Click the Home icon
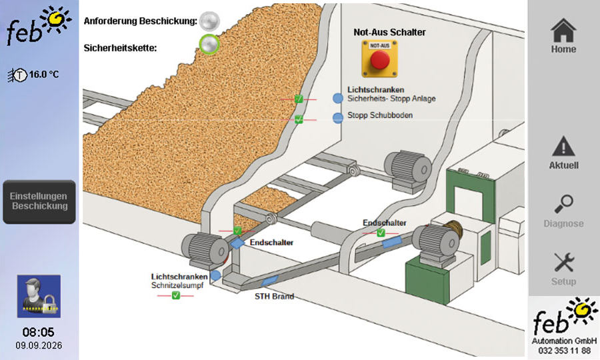click(563, 30)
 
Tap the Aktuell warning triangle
click(563, 147)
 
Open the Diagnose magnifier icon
click(563, 204)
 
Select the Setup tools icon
click(563, 262)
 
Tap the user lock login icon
click(39, 296)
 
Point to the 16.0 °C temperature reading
click(44, 74)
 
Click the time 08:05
click(38, 332)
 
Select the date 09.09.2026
click(39, 345)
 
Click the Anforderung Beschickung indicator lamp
click(210, 21)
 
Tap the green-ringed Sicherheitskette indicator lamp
click(209, 45)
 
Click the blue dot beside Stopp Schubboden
click(337, 118)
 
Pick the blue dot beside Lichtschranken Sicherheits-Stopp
click(337, 98)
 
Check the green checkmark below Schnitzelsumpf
click(175, 295)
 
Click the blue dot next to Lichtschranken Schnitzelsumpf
click(216, 275)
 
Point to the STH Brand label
click(275, 296)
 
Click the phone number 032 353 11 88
click(564, 351)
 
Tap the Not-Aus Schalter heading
click(389, 32)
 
